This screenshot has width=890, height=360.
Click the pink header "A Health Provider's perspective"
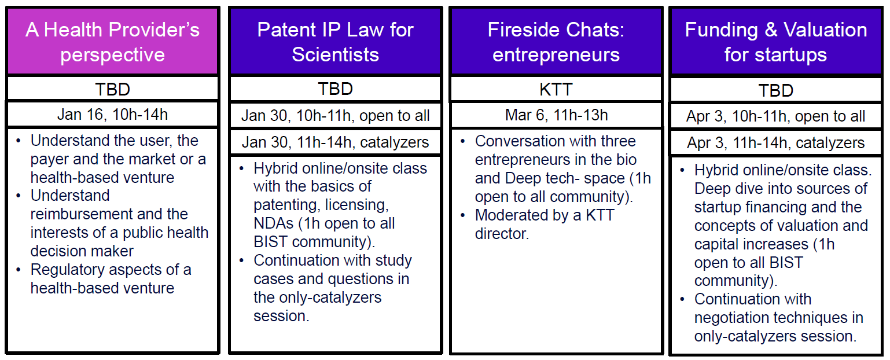112,42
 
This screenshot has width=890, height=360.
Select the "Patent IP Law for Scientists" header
335,42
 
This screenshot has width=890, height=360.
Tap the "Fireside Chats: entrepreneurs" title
556,42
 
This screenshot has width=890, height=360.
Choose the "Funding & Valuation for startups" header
775,42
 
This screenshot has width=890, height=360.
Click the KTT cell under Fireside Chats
556,89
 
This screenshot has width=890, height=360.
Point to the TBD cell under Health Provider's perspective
112,89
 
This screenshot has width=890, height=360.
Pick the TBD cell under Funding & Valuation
775,90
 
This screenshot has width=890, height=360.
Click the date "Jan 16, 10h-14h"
112,115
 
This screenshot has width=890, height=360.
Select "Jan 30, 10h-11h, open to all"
335,116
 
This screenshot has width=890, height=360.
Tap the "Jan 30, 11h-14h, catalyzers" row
335,142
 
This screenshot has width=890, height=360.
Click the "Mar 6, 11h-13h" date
556,115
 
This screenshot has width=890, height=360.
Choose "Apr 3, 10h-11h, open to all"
775,116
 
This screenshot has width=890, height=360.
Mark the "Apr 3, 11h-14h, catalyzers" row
775,142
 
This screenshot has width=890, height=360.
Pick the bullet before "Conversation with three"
462,141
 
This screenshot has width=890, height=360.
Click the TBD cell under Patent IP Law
335,89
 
